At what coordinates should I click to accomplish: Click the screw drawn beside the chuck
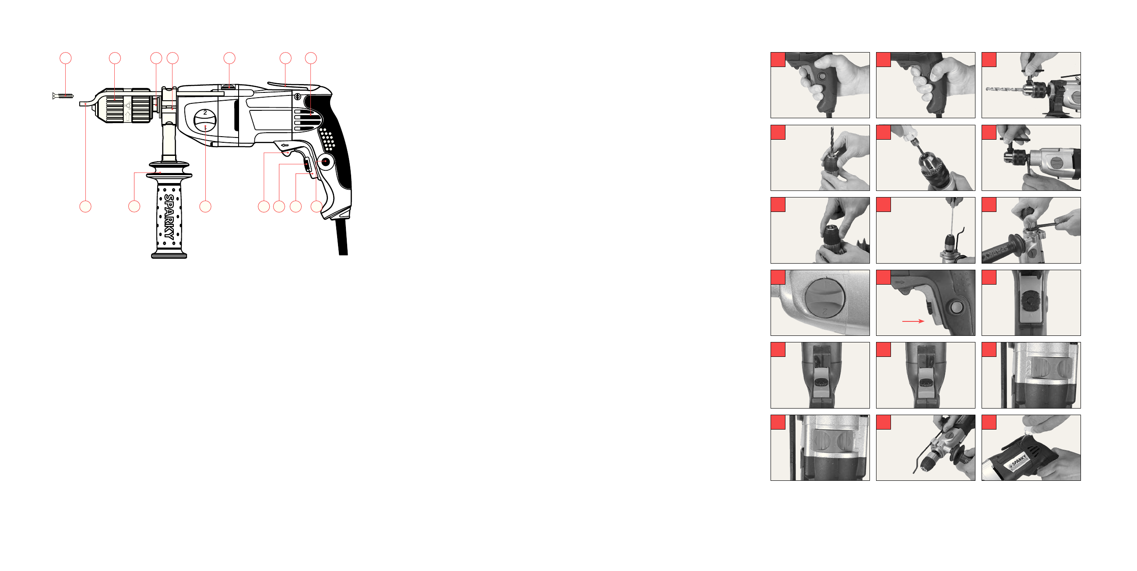click(63, 96)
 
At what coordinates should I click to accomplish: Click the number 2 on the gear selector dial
click(205, 113)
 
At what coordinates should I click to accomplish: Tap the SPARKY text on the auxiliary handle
click(169, 217)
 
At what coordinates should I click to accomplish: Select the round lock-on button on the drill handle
click(325, 162)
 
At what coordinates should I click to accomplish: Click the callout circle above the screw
click(65, 58)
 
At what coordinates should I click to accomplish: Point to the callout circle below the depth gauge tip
click(85, 206)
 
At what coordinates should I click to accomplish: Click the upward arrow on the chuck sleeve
click(127, 116)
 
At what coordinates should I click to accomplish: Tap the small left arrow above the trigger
click(285, 145)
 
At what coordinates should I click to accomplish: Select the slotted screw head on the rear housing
click(297, 97)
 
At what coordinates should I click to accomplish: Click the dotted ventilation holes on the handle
click(327, 139)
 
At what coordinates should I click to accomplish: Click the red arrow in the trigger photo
click(913, 321)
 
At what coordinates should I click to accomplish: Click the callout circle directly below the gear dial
click(205, 206)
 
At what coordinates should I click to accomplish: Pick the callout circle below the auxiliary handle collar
click(134, 206)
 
